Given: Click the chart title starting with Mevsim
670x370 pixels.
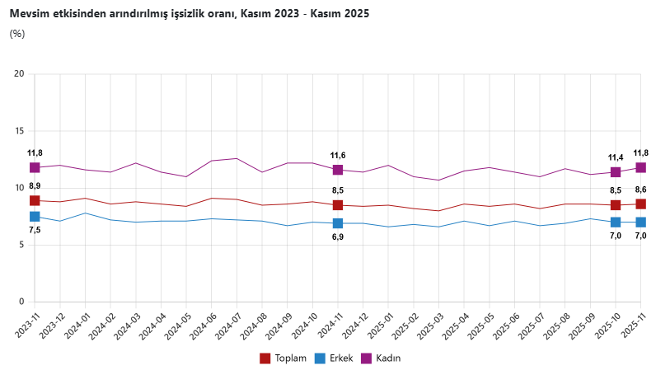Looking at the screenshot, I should [189, 14].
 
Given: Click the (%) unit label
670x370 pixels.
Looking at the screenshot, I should [17, 34].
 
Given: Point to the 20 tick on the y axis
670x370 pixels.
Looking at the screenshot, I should [19, 74].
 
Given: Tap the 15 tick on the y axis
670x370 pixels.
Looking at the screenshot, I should [19, 131].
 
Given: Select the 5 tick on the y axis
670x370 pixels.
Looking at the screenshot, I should [21, 245].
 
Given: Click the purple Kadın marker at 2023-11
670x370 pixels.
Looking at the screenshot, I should [35, 167].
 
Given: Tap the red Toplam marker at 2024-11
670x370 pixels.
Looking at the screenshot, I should [338, 205].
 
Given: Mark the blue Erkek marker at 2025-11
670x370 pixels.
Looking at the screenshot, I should [640, 222].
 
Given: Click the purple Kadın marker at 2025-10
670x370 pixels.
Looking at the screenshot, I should [616, 172].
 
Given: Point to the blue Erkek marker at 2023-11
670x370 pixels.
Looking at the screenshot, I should [35, 217].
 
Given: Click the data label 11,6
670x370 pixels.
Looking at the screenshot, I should [338, 156].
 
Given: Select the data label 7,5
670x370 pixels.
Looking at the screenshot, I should [35, 230].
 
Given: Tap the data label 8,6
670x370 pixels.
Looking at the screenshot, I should [640, 190].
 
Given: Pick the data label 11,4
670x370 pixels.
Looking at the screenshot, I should [616, 157].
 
